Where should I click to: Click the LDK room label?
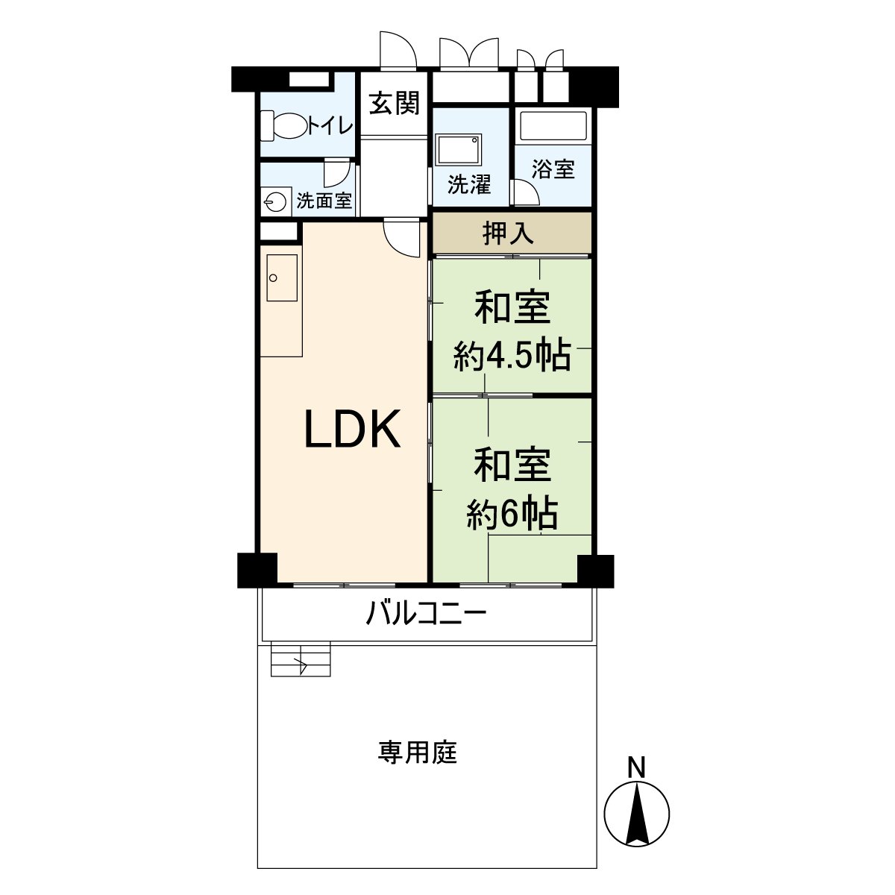coord(353,430)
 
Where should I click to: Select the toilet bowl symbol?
coord(284,125)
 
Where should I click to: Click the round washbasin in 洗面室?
coord(275,201)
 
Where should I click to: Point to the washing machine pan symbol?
coord(459,150)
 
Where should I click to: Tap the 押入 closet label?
coord(508,233)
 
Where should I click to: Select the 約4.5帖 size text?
coord(512,357)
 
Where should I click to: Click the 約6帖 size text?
coord(512,513)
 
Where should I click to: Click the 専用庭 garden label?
coord(417,753)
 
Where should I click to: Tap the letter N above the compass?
coord(635,767)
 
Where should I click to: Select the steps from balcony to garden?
coord(301,659)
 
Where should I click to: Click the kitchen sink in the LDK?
coord(280,278)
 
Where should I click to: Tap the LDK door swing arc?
coord(401,240)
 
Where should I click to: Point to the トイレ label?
coord(330,125)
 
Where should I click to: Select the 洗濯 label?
coord(469,184)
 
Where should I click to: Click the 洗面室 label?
coord(324,201)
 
